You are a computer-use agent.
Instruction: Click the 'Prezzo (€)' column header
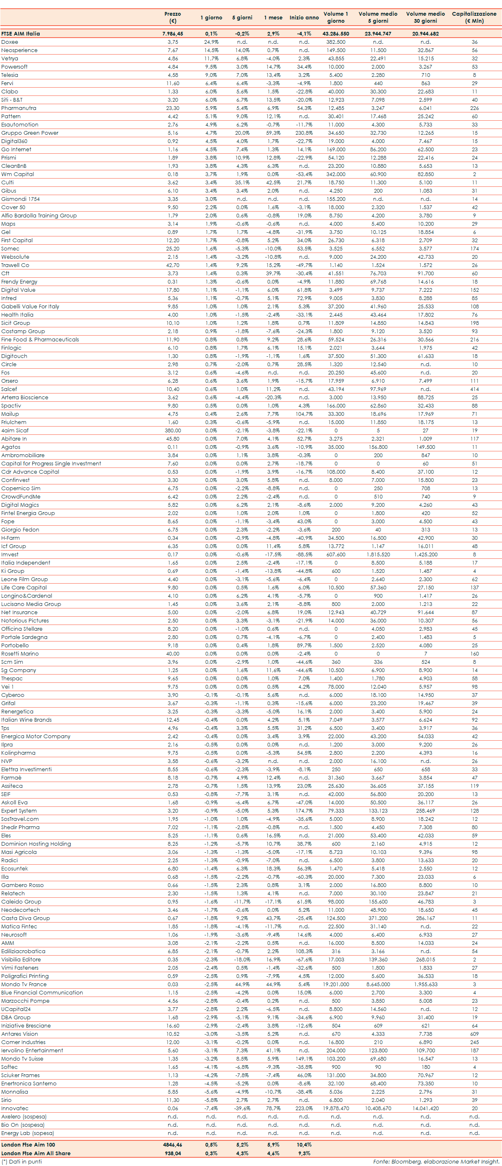(x=172, y=17)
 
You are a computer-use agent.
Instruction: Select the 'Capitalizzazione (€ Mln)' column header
(x=474, y=17)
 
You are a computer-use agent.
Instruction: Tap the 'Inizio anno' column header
(x=304, y=18)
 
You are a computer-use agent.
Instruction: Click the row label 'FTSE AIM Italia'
(x=20, y=33)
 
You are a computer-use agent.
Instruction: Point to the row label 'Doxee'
(x=10, y=42)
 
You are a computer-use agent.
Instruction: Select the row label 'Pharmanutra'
(x=19, y=108)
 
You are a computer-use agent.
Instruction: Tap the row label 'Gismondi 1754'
(x=20, y=199)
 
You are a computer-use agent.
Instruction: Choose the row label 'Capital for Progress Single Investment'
(x=51, y=463)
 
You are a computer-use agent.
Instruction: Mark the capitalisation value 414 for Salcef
(x=474, y=389)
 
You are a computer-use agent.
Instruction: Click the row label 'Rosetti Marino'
(x=20, y=653)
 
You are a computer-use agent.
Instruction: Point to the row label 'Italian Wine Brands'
(x=26, y=720)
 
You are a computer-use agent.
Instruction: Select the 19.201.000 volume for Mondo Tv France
(x=335, y=985)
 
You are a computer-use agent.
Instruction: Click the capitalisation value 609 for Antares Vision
(x=474, y=1034)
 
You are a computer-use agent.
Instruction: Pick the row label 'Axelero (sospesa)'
(x=24, y=1117)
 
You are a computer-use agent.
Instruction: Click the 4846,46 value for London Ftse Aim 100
(x=172, y=1144)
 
